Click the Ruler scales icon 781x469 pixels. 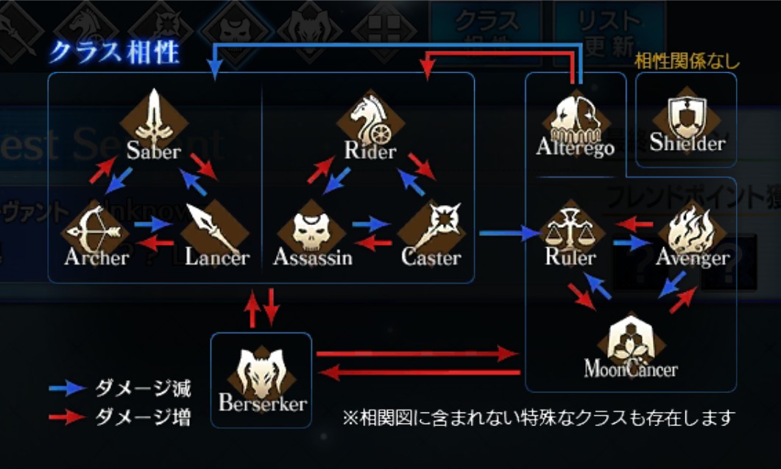(x=570, y=229)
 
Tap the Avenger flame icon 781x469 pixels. (x=690, y=230)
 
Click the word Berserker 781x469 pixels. (x=262, y=404)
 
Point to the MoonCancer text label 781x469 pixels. (x=631, y=368)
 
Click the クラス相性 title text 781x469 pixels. (x=113, y=53)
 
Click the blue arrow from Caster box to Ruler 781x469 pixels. (x=509, y=234)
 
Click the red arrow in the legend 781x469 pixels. (x=67, y=418)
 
